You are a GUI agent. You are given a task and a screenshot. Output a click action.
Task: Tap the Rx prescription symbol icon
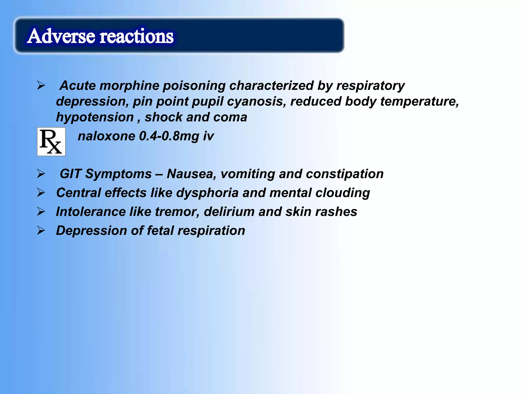(x=51, y=142)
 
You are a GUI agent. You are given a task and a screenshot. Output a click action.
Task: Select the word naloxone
(x=106, y=136)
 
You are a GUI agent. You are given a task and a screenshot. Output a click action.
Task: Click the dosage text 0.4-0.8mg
(x=169, y=136)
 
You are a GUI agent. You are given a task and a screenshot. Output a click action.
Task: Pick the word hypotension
(x=95, y=117)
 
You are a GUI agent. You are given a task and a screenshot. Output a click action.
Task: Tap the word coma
(x=230, y=117)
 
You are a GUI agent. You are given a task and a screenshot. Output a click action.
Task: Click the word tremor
(x=177, y=212)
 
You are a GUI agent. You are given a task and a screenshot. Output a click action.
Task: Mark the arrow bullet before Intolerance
(x=41, y=212)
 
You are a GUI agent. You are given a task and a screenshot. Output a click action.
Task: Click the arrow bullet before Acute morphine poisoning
(x=41, y=85)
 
